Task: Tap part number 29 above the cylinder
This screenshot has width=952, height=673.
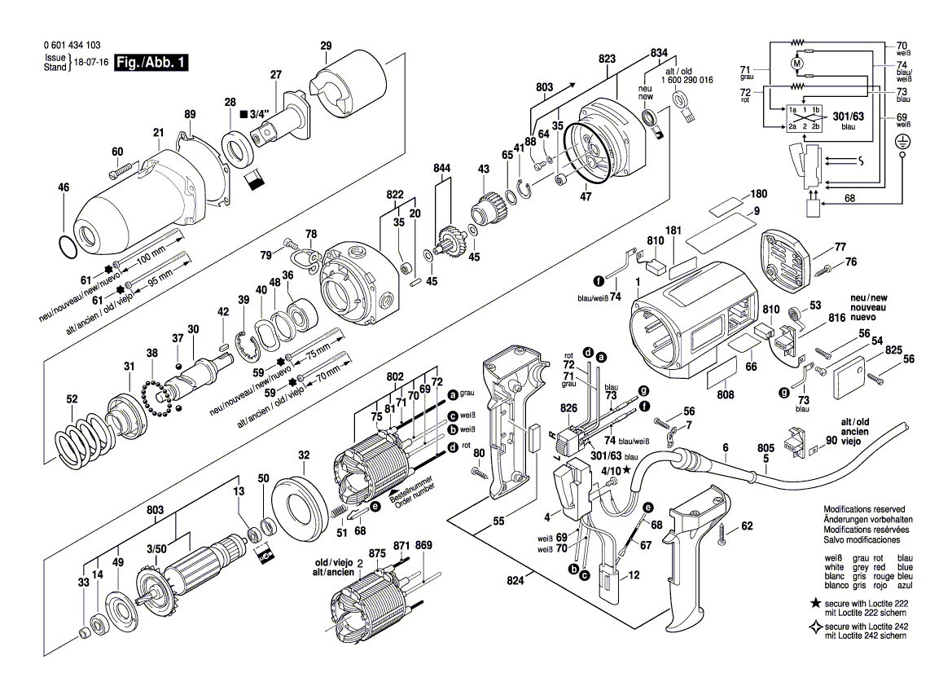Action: pyautogui.click(x=327, y=46)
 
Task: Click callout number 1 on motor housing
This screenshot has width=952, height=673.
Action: pyautogui.click(x=638, y=282)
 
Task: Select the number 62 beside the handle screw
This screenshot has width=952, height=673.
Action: pyautogui.click(x=748, y=526)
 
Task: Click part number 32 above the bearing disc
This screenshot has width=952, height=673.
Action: pyautogui.click(x=304, y=455)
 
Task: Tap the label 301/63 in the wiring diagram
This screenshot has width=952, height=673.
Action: pyautogui.click(x=849, y=117)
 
